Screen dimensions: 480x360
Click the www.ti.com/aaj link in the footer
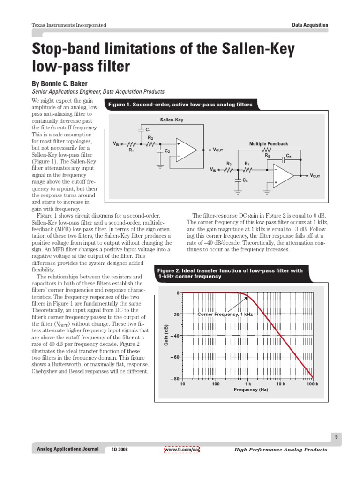pyautogui.click(x=182, y=450)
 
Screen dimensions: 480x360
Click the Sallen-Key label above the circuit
pyautogui.click(x=172, y=120)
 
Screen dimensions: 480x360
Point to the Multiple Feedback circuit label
pyautogui.click(x=269, y=144)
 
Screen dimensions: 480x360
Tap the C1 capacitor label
pyautogui.click(x=148, y=129)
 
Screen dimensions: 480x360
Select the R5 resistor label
pyautogui.click(x=267, y=155)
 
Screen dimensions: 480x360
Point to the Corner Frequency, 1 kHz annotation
pyautogui.click(x=225, y=314)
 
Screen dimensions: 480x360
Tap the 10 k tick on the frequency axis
pyautogui.click(x=281, y=384)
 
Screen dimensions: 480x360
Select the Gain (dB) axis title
pyautogui.click(x=165, y=336)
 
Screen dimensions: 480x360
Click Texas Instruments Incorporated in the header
pyautogui.click(x=68, y=25)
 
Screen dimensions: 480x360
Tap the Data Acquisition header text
pyautogui.click(x=310, y=25)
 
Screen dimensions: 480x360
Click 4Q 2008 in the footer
pyautogui.click(x=120, y=450)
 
